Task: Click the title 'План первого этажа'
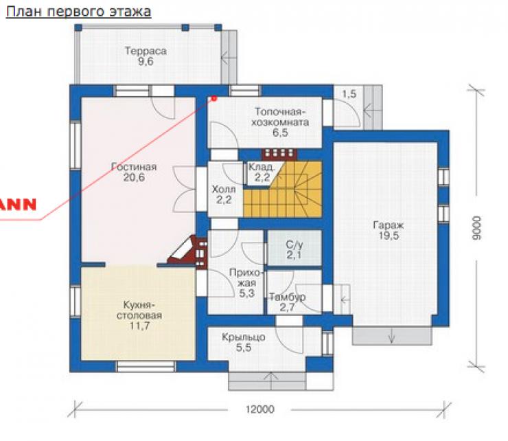[78, 12]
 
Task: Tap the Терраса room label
[146, 52]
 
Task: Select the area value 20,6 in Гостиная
[134, 177]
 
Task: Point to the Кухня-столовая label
[139, 310]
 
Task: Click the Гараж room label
[389, 225]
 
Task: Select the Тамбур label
[288, 297]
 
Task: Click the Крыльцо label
[244, 337]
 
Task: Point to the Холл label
[224, 189]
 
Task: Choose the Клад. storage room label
[262, 168]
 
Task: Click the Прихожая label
[246, 278]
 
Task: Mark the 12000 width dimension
[259, 409]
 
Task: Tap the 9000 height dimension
[476, 228]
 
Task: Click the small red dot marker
[213, 98]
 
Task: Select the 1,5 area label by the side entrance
[349, 94]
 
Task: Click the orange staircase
[283, 190]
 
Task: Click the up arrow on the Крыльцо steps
[270, 381]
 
